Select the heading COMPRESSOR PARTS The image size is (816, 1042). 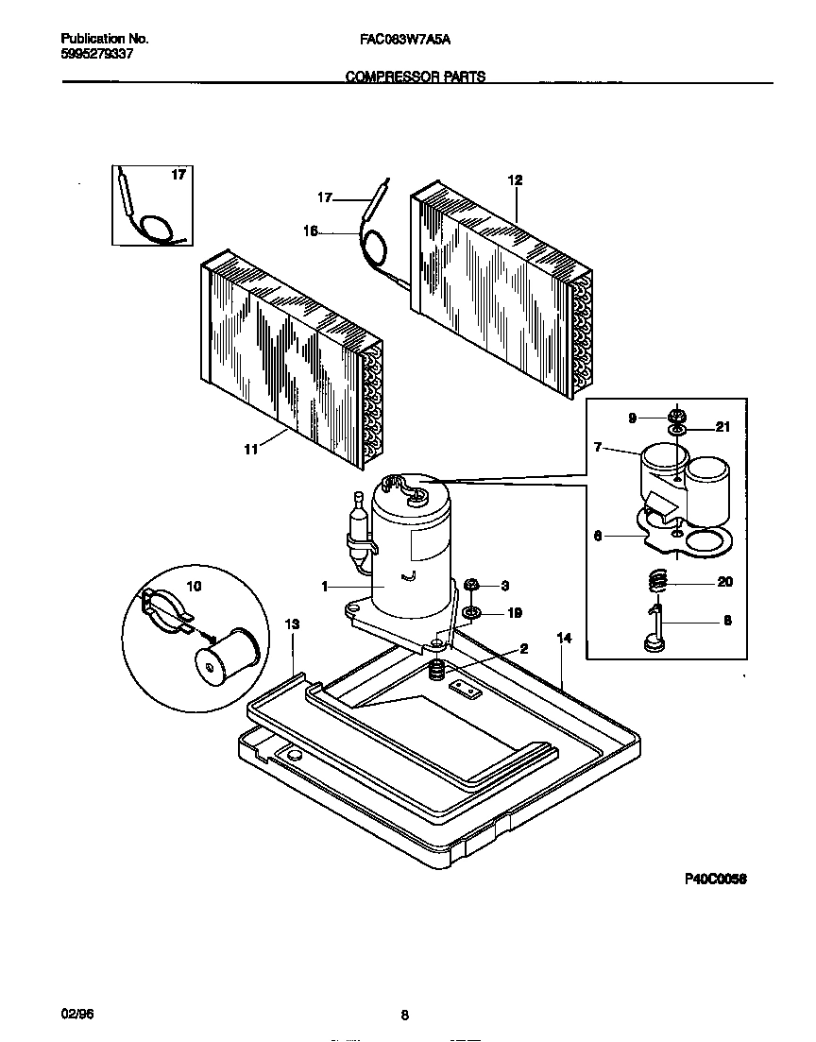(x=415, y=77)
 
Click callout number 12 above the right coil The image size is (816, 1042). (x=515, y=179)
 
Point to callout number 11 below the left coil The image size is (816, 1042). (x=250, y=450)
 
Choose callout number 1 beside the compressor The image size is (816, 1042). (x=325, y=587)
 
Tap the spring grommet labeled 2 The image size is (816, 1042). (x=437, y=672)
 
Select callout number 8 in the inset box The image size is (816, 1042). (x=725, y=622)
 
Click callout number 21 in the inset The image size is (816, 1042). (x=722, y=428)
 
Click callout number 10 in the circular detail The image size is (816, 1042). (x=194, y=586)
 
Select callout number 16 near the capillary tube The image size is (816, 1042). (x=310, y=230)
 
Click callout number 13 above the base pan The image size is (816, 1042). (x=292, y=624)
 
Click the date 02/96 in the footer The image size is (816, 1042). (x=75, y=1014)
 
